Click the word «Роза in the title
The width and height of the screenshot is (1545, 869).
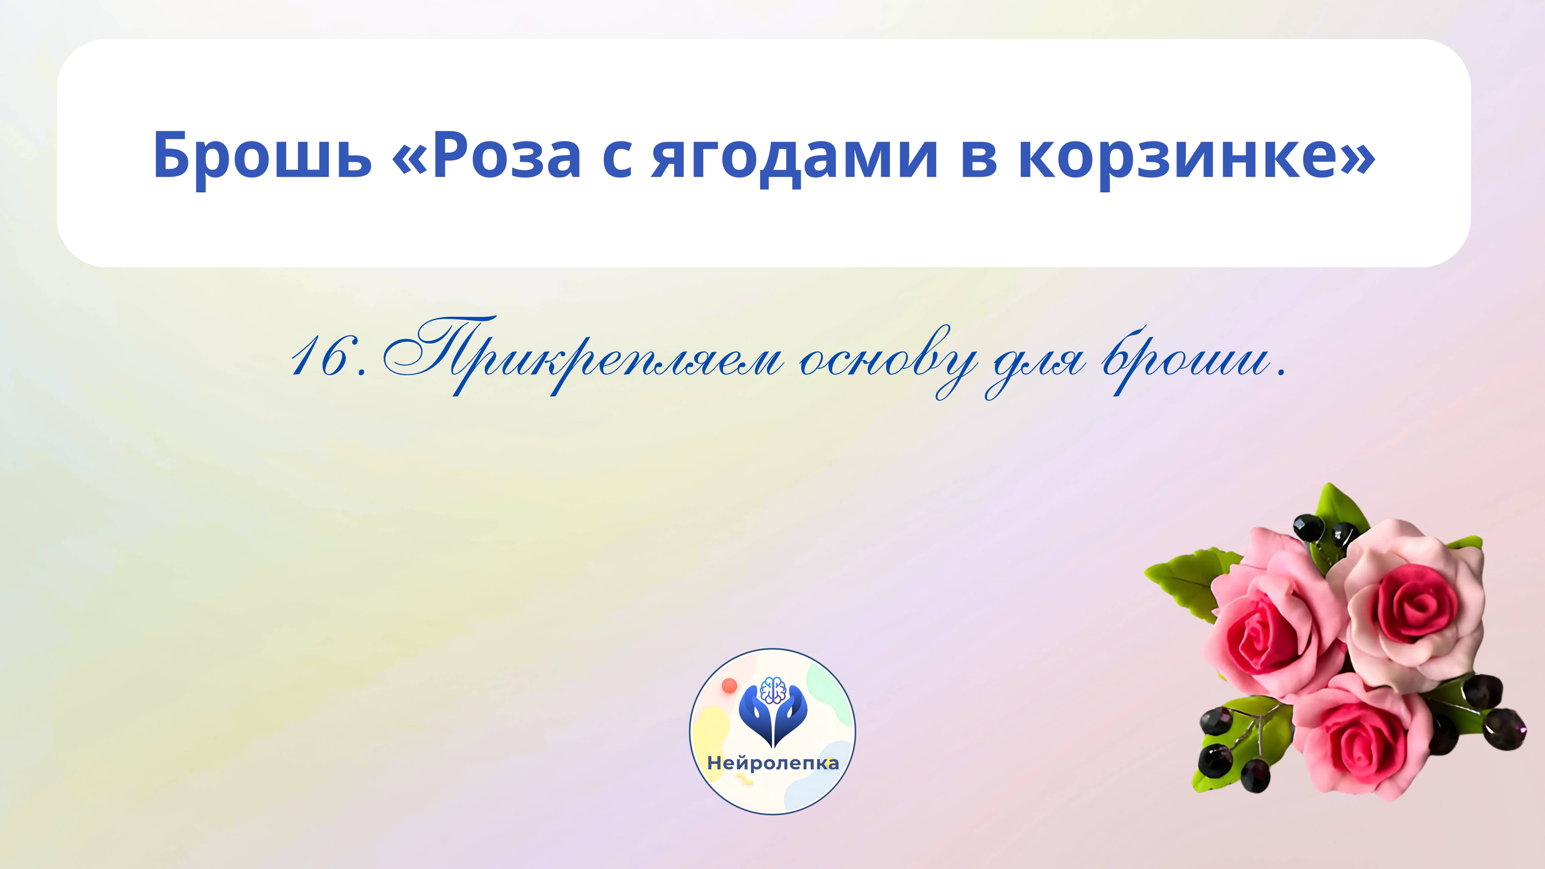point(486,155)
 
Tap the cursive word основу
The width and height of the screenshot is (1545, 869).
point(888,360)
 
